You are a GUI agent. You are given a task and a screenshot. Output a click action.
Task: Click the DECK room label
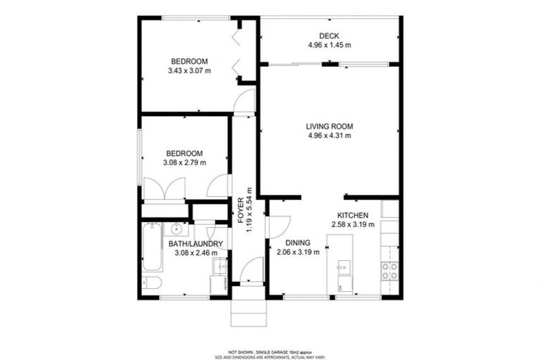pyautogui.click(x=329, y=36)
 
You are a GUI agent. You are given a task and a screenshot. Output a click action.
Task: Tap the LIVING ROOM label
pyautogui.click(x=329, y=127)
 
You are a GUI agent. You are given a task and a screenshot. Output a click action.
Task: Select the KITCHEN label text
pyautogui.click(x=352, y=215)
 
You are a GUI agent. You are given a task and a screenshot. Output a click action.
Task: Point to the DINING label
pyautogui.click(x=298, y=243)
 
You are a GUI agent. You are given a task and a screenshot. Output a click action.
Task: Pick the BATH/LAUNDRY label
pyautogui.click(x=195, y=244)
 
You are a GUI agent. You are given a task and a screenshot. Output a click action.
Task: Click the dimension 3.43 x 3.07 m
pyautogui.click(x=190, y=70)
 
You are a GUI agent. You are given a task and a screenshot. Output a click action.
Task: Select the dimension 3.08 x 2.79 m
pyautogui.click(x=184, y=162)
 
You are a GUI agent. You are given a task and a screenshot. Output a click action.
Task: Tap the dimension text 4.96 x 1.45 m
pyautogui.click(x=329, y=45)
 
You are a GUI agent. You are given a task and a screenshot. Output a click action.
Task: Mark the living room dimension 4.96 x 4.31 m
pyautogui.click(x=329, y=136)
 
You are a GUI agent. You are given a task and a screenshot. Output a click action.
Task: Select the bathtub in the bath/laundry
pyautogui.click(x=152, y=247)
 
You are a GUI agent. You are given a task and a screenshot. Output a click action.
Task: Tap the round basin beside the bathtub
pyautogui.click(x=176, y=229)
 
